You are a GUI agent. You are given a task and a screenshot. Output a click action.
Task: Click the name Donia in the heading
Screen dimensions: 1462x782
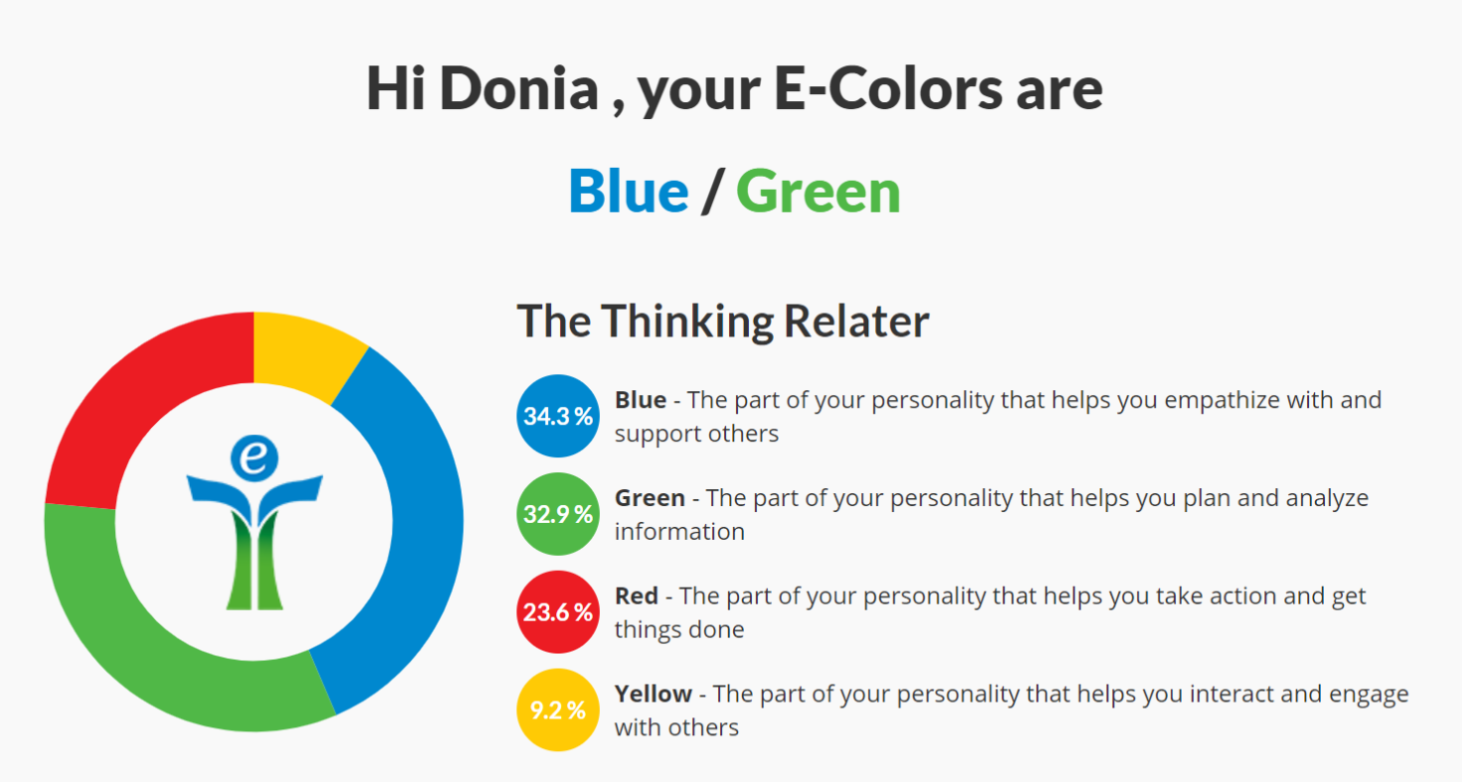[518, 88]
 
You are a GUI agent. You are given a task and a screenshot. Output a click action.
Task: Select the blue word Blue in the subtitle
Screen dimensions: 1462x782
[628, 192]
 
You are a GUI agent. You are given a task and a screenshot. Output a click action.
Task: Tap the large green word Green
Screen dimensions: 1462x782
[817, 192]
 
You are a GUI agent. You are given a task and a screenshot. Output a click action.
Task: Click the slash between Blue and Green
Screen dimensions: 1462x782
[712, 192]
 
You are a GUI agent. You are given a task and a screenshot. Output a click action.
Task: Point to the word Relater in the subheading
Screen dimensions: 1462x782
[856, 321]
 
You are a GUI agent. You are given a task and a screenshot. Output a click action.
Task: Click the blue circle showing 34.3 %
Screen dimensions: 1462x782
[557, 416]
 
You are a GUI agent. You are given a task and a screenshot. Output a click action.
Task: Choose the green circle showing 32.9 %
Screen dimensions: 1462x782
[557, 514]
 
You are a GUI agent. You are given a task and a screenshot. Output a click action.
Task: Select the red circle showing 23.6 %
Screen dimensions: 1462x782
[557, 611]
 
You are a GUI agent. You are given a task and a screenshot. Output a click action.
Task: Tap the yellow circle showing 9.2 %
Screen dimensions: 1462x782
[557, 710]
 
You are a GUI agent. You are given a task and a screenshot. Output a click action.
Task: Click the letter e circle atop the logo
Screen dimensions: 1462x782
[254, 457]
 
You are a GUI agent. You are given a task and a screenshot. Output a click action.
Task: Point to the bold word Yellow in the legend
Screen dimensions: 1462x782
[653, 694]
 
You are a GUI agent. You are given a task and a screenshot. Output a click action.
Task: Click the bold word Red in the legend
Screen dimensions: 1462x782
[637, 595]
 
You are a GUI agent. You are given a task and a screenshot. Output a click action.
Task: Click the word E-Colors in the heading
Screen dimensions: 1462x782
[888, 88]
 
